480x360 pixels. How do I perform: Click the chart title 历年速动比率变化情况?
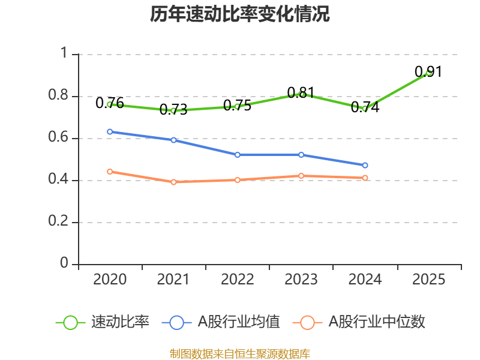(239, 14)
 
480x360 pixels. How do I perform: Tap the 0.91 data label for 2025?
(428, 72)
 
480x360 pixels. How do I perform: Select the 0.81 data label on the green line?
(301, 93)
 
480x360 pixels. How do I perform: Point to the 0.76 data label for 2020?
(110, 103)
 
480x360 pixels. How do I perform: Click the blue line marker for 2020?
(110, 131)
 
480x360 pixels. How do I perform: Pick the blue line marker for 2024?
(365, 166)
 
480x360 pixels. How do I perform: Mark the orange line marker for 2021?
(173, 182)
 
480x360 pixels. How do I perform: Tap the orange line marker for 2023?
(301, 176)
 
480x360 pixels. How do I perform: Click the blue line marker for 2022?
(237, 155)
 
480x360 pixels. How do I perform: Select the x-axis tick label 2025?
(428, 280)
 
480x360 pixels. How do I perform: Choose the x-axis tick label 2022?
(237, 280)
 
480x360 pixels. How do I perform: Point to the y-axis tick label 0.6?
(58, 137)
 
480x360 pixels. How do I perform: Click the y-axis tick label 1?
(64, 53)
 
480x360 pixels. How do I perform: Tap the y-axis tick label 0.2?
(58, 221)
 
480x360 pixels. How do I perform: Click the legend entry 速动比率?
(103, 322)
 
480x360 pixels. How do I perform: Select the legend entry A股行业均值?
(221, 322)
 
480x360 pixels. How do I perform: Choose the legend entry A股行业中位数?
(359, 322)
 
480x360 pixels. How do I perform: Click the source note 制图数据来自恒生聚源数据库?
(240, 354)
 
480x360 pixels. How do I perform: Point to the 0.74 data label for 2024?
(365, 107)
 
